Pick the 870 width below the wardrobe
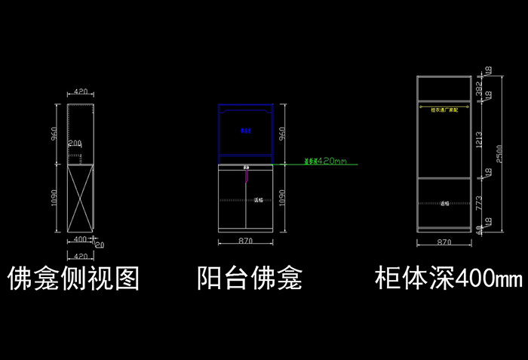tap(444, 242)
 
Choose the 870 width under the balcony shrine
tap(244, 241)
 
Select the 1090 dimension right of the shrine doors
tap(282, 198)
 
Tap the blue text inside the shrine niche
tap(245, 131)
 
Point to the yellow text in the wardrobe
tap(444, 109)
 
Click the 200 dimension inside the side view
tap(75, 143)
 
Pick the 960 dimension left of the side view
tap(55, 134)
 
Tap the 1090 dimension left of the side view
tap(55, 198)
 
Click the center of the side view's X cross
tap(80, 198)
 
